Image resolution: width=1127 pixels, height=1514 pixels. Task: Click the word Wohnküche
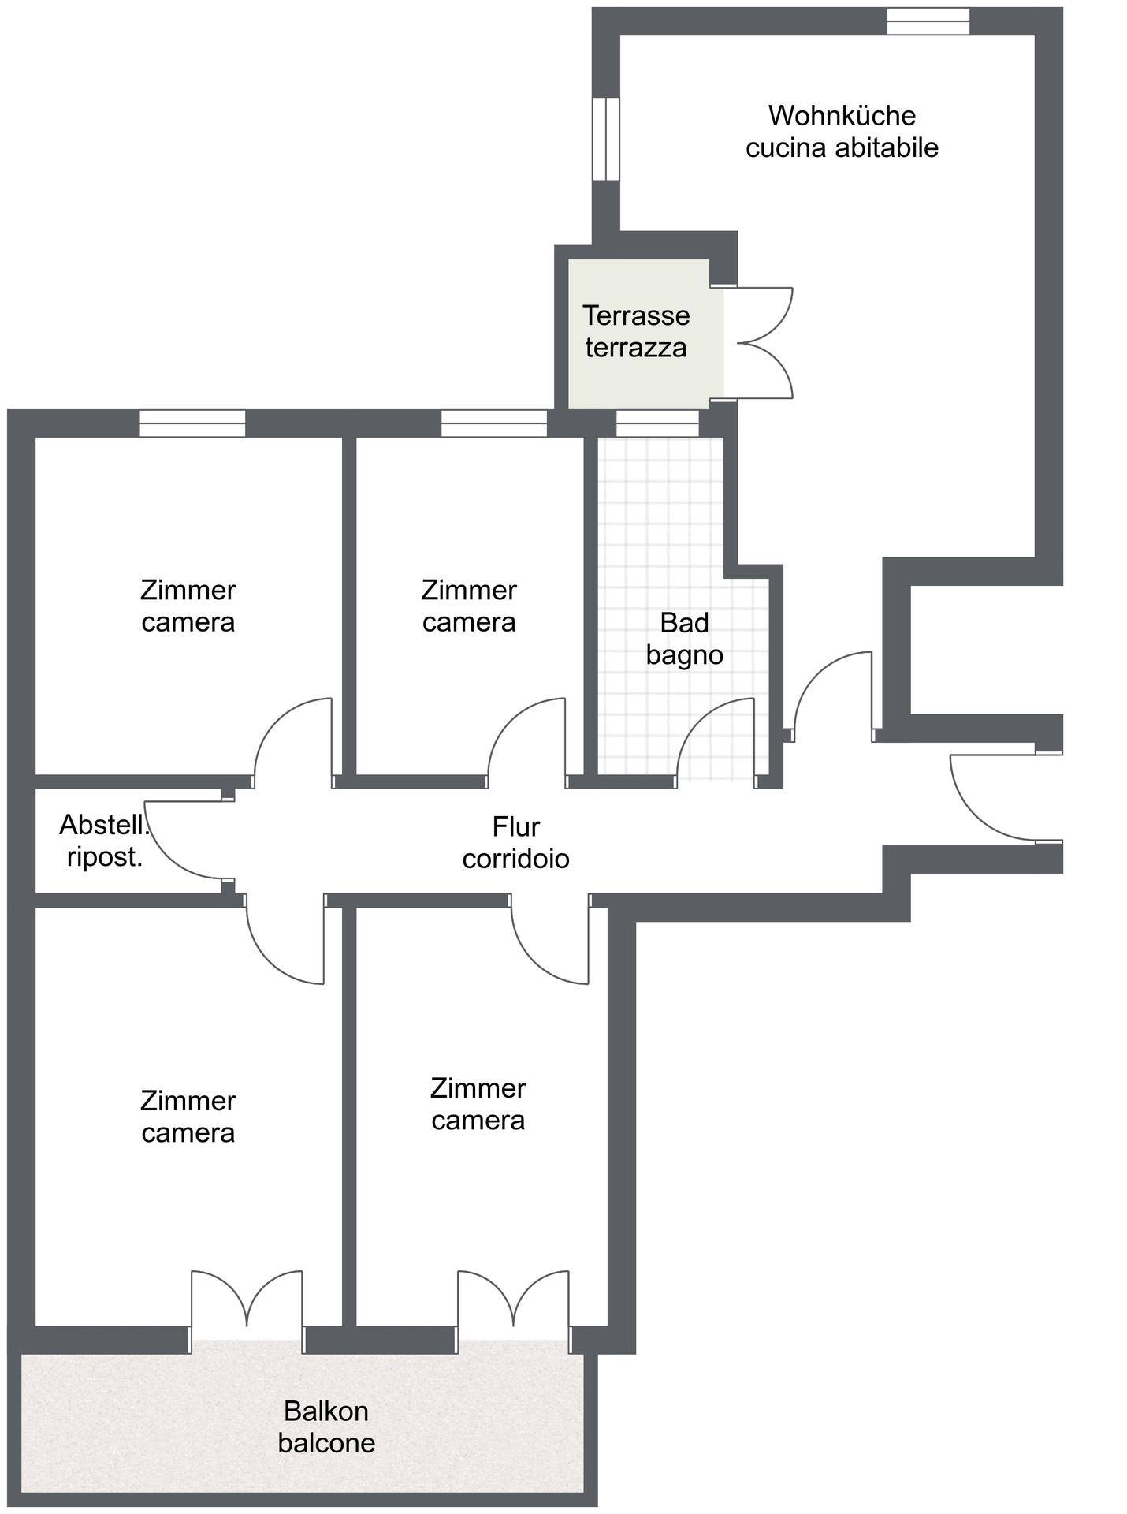pos(842,116)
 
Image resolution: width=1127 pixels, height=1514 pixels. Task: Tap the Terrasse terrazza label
pos(636,331)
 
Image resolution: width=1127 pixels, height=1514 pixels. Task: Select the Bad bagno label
pos(684,639)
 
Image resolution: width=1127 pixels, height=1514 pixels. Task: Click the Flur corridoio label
pos(515,842)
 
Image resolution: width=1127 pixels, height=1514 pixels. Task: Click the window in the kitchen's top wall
pos(928,21)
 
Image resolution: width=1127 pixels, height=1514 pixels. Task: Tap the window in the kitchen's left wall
pos(605,139)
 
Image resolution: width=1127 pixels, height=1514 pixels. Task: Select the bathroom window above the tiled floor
pos(656,423)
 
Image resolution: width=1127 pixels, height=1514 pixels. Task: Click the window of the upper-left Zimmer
pos(192,423)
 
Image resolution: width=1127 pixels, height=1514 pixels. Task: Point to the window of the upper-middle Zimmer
pos(493,423)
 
